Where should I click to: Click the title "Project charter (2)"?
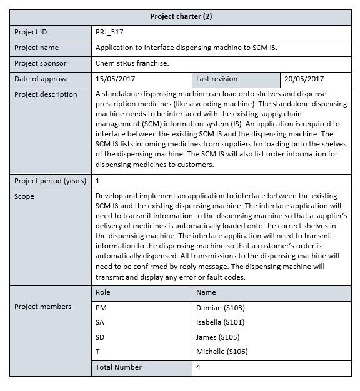tap(181, 16)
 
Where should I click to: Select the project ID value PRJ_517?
tap(113, 32)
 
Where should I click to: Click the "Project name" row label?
tap(36, 48)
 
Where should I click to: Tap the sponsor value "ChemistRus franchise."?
tap(132, 63)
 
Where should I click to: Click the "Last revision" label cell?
tap(216, 79)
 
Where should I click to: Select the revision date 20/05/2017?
tap(304, 79)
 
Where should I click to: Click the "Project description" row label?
tap(46, 94)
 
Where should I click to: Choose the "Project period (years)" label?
tap(50, 181)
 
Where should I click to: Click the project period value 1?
tap(98, 181)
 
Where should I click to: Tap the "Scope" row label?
tap(24, 196)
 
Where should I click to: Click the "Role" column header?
tap(103, 292)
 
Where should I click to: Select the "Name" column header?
tap(206, 292)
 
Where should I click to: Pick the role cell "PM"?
tap(101, 308)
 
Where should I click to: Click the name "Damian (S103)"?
tap(220, 308)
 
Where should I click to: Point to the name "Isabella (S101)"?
tap(220, 322)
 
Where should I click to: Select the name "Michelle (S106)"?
tap(222, 352)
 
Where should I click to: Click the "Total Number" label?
tap(119, 367)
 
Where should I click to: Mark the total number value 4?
tap(198, 367)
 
